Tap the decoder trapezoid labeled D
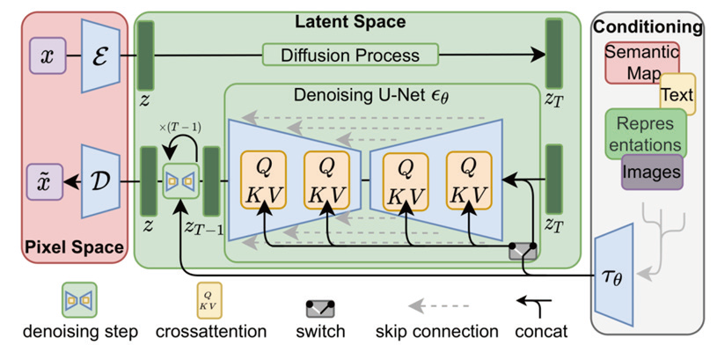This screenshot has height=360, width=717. coord(99,182)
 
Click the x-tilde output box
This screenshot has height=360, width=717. coord(46,182)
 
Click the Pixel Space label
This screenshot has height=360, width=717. coord(75,248)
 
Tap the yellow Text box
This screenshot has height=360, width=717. coord(677,93)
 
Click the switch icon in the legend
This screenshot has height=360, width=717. coord(323,308)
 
